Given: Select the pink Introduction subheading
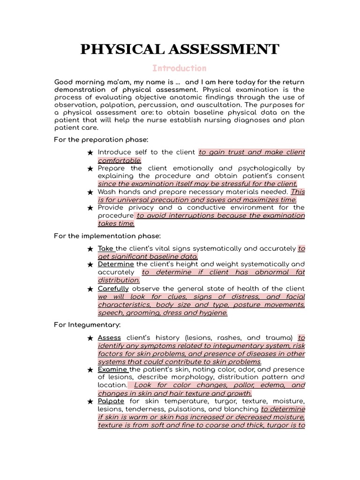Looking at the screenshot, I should pyautogui.click(x=180, y=68).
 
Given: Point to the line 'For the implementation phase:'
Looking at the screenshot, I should pyautogui.click(x=107, y=235).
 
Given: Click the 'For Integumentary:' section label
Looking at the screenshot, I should pyautogui.click(x=87, y=324).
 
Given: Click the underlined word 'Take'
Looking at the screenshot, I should pyautogui.click(x=106, y=248).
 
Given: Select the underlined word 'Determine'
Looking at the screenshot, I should pyautogui.click(x=116, y=264).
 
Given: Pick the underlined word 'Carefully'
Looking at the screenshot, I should pyautogui.click(x=113, y=289).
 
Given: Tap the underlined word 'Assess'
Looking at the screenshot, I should pyautogui.click(x=109, y=337).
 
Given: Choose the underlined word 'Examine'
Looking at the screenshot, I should pyautogui.click(x=113, y=369).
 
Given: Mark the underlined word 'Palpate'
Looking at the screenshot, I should pyautogui.click(x=111, y=401).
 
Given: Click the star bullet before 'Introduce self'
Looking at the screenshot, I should pyautogui.click(x=90, y=152).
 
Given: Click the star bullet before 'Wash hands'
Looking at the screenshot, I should pyautogui.click(x=90, y=192).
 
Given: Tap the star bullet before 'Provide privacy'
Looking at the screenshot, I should pyautogui.click(x=90, y=208).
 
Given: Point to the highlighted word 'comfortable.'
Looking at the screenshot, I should pyautogui.click(x=120, y=160).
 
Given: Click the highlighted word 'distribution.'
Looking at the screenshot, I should pyautogui.click(x=119, y=280).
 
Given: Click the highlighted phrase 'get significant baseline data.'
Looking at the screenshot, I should pyautogui.click(x=148, y=256).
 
